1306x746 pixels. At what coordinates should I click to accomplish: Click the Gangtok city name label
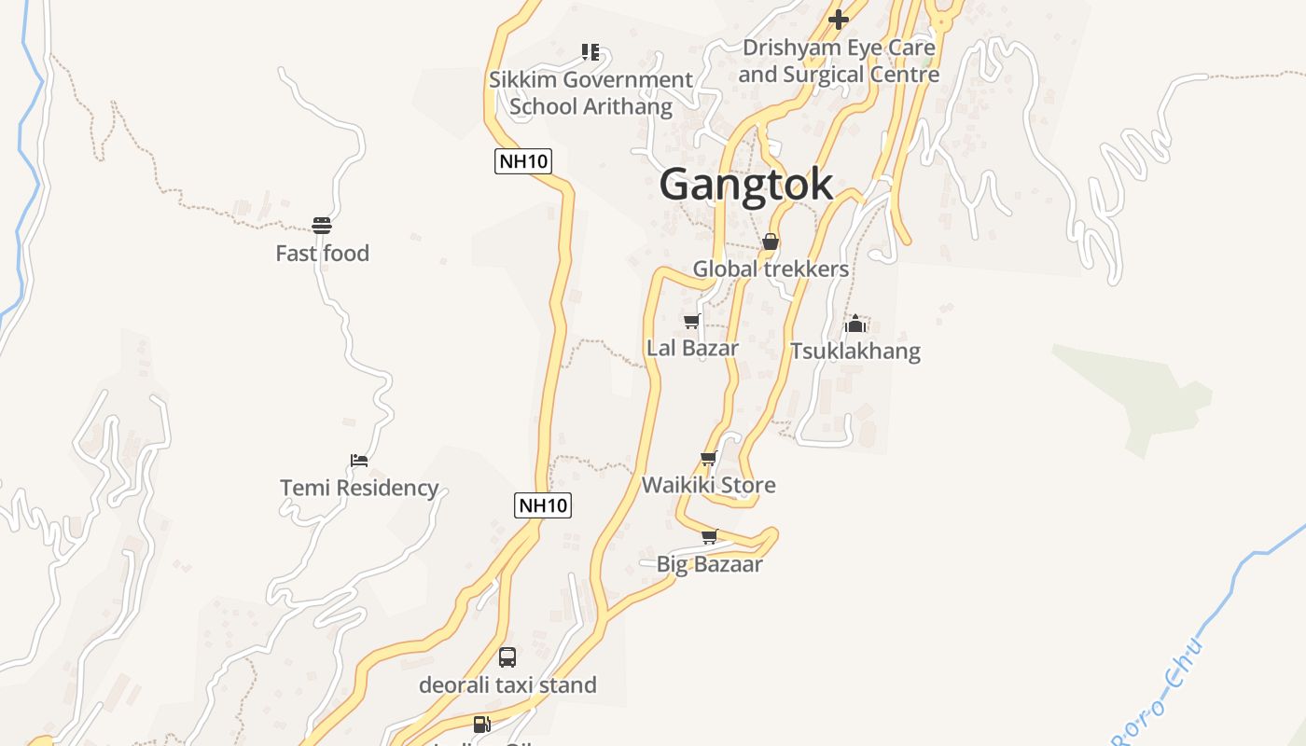click(746, 185)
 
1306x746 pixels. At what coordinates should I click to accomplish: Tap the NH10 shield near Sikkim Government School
click(523, 161)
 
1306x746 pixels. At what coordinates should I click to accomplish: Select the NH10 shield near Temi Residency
click(543, 505)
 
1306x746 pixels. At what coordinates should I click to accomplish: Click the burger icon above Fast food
click(322, 225)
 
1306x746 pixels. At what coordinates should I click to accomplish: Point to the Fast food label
click(322, 253)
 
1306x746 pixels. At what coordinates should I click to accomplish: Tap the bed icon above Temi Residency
click(359, 460)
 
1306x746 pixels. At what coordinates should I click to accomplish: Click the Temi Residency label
click(359, 488)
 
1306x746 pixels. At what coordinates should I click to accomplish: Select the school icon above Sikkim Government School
click(590, 52)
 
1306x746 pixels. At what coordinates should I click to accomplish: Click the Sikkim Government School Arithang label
click(590, 93)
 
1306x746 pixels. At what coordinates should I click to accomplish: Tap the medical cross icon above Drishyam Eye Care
click(839, 19)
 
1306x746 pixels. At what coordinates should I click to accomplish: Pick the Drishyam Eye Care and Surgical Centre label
click(839, 61)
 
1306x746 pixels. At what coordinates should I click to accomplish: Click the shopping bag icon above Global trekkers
click(771, 242)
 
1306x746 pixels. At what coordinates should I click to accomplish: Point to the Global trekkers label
click(771, 269)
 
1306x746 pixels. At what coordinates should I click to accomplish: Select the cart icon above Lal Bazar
click(692, 322)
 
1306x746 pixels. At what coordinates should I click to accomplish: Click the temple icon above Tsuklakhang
click(855, 324)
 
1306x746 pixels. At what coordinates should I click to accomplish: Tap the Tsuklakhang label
click(855, 352)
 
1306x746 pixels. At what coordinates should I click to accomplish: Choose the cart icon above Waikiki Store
click(708, 459)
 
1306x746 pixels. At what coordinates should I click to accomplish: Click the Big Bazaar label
click(709, 564)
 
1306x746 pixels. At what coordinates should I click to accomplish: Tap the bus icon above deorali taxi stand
click(507, 657)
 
